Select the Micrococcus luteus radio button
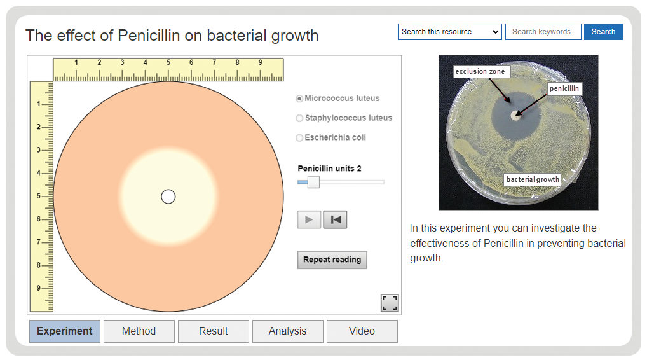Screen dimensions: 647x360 point(299,99)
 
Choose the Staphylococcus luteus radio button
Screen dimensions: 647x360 point(299,118)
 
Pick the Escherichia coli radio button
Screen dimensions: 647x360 point(299,138)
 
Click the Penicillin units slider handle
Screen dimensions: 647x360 point(313,182)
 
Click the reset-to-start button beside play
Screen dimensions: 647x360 point(335,219)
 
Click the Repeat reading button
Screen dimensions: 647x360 point(332,260)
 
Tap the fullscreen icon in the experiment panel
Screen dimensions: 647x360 point(390,303)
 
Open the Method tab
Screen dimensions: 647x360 point(139,331)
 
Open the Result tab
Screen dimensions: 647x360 point(214,331)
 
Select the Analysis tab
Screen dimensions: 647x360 point(288,331)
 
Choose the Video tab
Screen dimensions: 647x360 point(362,331)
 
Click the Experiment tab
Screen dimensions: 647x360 point(65,331)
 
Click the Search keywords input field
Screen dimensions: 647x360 point(543,32)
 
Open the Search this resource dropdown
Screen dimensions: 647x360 point(450,32)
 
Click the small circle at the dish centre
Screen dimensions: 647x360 point(168,197)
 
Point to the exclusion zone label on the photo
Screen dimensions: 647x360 point(480,71)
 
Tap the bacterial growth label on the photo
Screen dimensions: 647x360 point(533,179)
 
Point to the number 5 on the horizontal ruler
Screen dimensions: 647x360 point(168,62)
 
